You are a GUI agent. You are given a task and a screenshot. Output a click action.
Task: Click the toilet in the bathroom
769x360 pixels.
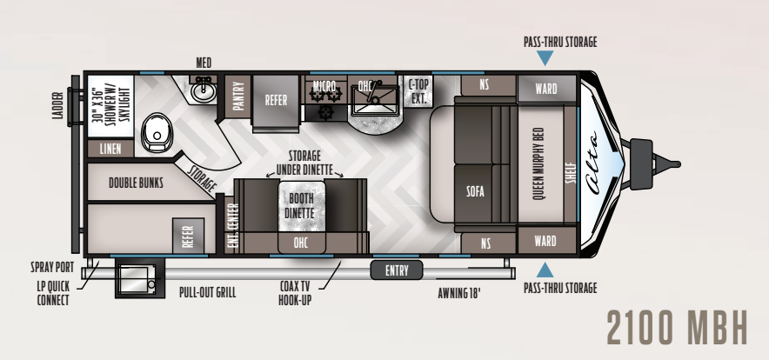[x=156, y=132]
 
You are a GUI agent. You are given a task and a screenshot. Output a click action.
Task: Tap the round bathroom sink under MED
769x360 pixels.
[x=203, y=90]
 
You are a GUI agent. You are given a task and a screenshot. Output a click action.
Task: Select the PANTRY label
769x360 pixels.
[x=237, y=97]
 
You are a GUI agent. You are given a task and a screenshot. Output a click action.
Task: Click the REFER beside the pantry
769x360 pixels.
[x=276, y=99]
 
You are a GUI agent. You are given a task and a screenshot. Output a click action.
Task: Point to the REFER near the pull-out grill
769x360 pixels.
[x=188, y=236]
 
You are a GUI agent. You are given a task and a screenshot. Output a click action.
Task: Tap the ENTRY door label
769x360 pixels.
[x=397, y=270]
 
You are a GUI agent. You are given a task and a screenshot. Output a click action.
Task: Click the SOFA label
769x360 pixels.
[x=475, y=190]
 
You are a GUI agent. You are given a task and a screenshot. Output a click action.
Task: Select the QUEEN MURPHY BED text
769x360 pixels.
[x=538, y=163]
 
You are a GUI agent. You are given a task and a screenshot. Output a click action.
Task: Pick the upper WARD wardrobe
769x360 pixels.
[x=546, y=89]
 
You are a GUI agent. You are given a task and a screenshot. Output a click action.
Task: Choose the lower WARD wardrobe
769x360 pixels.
[x=546, y=241]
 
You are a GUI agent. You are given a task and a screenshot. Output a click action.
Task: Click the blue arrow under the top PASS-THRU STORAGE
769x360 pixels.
[x=545, y=58]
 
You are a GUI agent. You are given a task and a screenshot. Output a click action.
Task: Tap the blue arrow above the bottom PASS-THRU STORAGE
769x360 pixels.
[x=545, y=270]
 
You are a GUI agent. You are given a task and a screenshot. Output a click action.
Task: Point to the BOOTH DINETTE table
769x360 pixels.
[x=302, y=206]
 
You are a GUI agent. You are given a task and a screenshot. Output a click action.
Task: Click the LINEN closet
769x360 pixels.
[x=110, y=149]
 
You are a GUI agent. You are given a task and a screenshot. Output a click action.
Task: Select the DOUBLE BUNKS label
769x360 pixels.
[x=136, y=183]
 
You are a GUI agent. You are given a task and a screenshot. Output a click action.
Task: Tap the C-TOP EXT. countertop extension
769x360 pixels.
[x=418, y=91]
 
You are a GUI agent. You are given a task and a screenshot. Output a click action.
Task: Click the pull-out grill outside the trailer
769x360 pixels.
[x=139, y=278]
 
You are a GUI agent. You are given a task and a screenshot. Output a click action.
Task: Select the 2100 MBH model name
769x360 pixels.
[x=678, y=327]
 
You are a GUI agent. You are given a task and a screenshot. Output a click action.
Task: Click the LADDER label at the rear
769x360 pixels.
[x=58, y=105]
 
